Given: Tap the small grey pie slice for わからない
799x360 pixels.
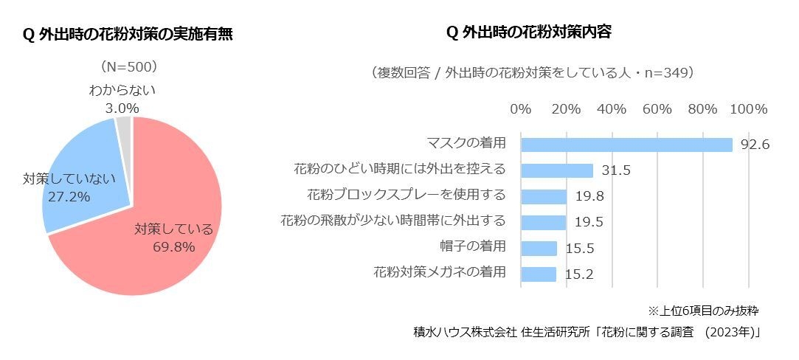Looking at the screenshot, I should click(x=124, y=126).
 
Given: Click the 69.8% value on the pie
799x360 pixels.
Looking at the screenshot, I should click(x=173, y=246).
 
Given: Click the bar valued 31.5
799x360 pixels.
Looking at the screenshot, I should click(x=556, y=170).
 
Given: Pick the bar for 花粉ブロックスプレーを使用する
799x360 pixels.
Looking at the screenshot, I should click(x=543, y=196).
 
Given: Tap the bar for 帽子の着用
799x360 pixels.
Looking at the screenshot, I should click(x=539, y=248).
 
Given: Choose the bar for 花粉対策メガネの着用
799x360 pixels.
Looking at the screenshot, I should click(x=538, y=274).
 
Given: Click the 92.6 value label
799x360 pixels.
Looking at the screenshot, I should click(x=755, y=145).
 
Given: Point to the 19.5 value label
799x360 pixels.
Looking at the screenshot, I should click(x=589, y=222).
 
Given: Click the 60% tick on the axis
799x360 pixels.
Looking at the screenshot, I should click(x=657, y=108).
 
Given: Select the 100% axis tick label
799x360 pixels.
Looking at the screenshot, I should click(x=748, y=108).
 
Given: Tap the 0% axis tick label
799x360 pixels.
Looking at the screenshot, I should click(x=521, y=108).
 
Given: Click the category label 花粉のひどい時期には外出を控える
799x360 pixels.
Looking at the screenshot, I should click(x=399, y=169).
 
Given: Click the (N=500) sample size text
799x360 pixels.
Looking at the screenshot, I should click(x=129, y=66).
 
